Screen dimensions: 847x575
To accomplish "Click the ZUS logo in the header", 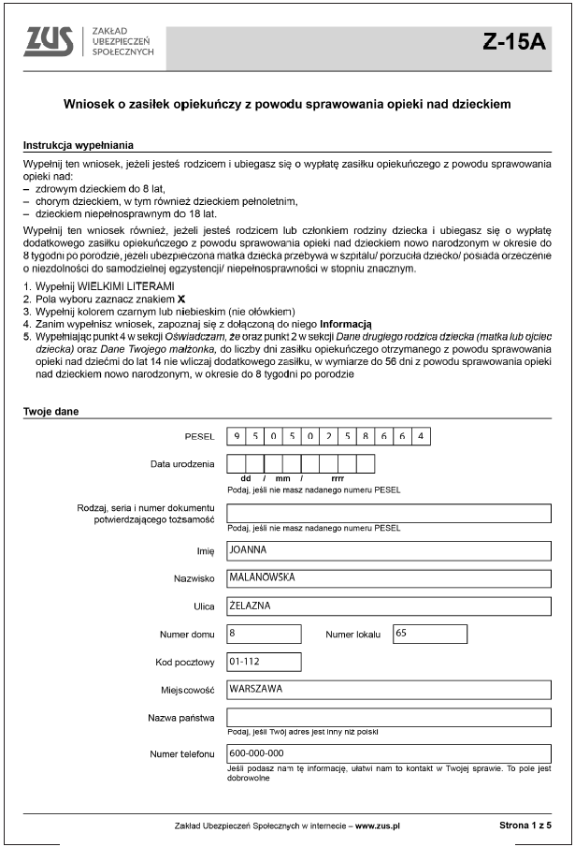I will (x=52, y=40).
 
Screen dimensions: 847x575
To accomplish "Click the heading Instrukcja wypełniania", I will (x=78, y=146).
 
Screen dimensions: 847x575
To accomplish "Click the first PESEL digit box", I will (x=237, y=436).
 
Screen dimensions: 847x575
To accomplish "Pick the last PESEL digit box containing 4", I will (x=422, y=436).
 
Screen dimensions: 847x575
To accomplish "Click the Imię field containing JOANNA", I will (x=388, y=550).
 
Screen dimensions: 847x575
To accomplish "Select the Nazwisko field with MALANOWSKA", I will (x=388, y=578).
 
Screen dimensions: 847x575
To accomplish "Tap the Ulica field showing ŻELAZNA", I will (x=388, y=606).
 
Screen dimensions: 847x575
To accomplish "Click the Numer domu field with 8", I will (x=264, y=634).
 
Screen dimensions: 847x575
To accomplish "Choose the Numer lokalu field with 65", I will (x=429, y=634).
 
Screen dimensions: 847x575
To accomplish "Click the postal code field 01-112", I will (x=264, y=662).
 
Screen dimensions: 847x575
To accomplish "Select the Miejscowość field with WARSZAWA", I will (x=388, y=690).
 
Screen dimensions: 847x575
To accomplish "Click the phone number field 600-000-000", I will (x=388, y=753).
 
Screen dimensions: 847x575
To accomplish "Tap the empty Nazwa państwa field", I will (x=388, y=718).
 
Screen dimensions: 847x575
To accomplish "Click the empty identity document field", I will (x=388, y=513).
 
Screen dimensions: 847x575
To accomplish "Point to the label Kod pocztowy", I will (x=185, y=663).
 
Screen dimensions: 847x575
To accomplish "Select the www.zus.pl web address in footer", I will (x=377, y=826).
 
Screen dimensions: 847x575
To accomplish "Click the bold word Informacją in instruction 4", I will (x=346, y=323).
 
